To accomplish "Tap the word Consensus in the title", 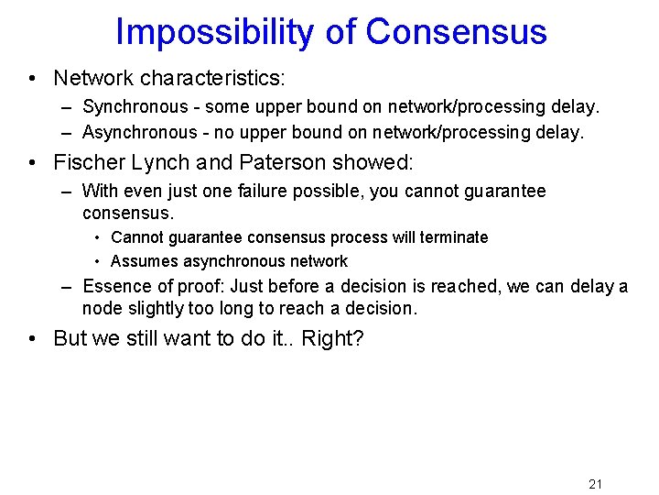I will [456, 31].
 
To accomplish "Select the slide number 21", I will [595, 484].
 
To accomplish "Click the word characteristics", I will [216, 78].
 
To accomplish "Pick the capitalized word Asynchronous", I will [139, 133].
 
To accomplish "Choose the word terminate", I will [454, 237].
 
